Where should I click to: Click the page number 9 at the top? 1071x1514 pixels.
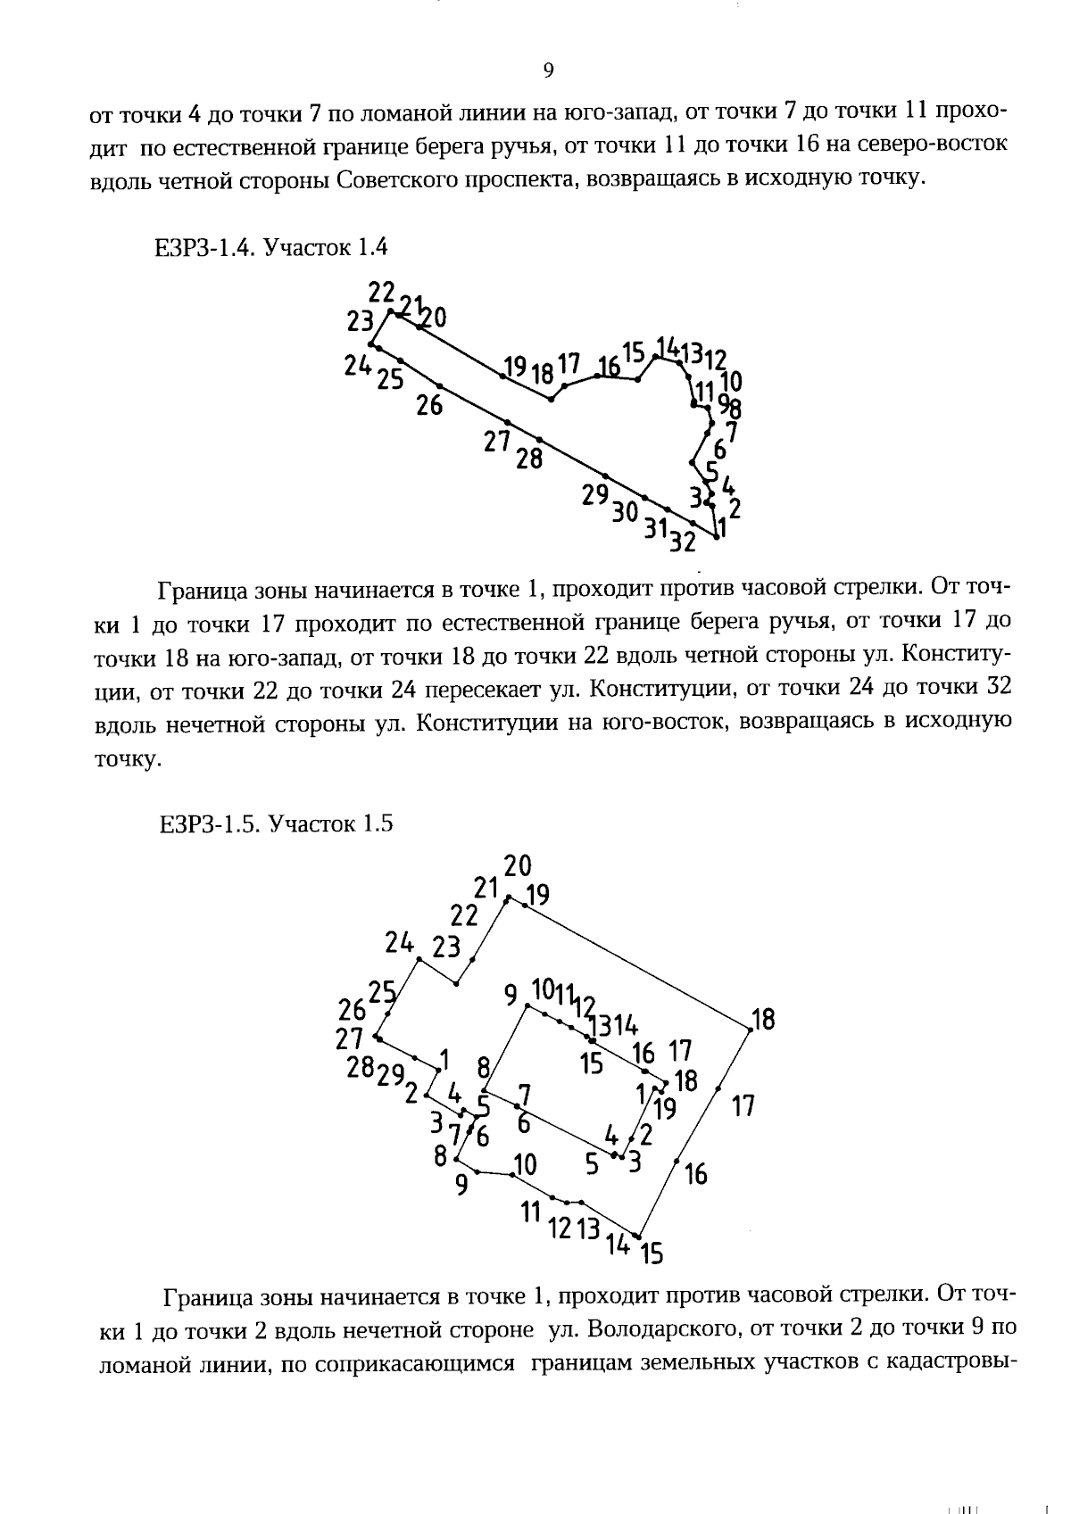pos(548,71)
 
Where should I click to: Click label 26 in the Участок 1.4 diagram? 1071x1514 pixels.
pos(429,406)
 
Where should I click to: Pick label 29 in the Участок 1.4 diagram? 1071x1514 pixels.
pos(595,495)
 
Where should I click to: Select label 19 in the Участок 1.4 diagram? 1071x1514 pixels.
pos(515,366)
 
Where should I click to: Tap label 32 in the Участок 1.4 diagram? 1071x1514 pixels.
pos(683,542)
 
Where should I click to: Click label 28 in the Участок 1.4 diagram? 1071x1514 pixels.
pos(529,459)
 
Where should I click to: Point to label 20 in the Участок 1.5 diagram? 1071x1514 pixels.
pos(518,865)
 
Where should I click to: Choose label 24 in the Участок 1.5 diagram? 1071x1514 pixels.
pos(401,942)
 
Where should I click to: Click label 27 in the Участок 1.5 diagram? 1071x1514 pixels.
pos(349,1039)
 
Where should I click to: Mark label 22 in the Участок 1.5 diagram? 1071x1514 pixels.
pos(464,915)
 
